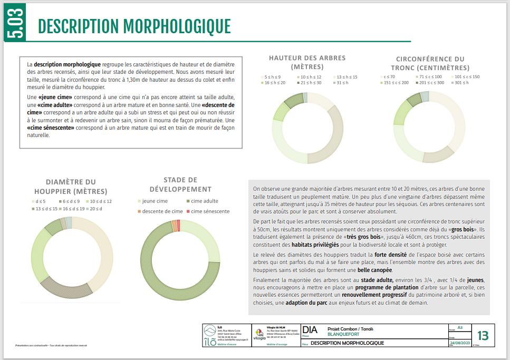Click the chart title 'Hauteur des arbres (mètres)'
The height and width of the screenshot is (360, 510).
pos(307,62)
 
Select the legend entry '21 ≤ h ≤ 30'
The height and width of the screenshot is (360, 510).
pos(311,83)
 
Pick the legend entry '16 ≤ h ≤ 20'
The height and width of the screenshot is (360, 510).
pos(275,83)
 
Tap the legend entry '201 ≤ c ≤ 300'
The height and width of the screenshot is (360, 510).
pos(432,83)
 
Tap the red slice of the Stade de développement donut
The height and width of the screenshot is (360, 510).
pos(178,226)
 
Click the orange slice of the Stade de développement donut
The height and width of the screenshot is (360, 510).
pos(174,226)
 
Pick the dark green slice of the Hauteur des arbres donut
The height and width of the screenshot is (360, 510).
pos(293,100)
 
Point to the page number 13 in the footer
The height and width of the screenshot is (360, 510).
pos(482,336)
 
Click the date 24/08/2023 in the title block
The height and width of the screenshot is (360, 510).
pos(458,343)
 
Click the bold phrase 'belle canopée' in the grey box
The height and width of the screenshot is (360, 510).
pos(374,270)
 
